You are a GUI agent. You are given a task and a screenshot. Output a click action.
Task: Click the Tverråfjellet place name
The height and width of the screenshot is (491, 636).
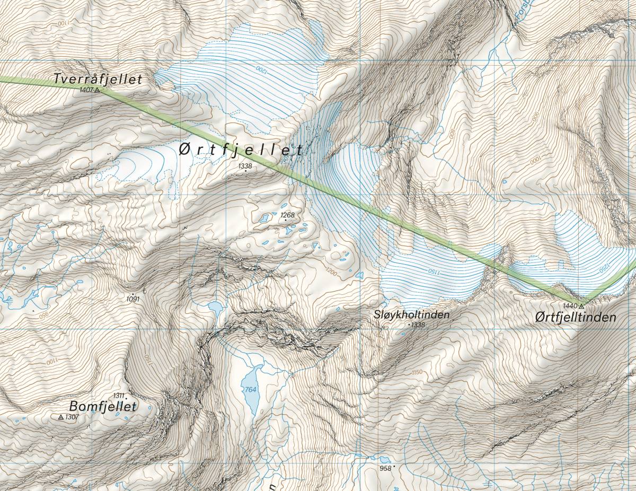[x=98, y=80]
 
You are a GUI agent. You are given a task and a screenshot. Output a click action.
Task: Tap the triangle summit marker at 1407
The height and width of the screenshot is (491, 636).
[x=97, y=91]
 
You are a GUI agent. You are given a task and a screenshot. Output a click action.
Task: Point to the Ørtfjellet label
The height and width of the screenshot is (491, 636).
[x=241, y=151]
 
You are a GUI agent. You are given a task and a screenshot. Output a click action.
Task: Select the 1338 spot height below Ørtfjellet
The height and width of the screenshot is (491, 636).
[x=245, y=166]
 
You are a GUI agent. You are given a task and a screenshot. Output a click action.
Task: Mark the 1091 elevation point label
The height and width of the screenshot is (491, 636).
[x=132, y=299]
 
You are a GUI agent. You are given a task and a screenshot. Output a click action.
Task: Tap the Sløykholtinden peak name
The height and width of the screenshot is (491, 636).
[x=411, y=314]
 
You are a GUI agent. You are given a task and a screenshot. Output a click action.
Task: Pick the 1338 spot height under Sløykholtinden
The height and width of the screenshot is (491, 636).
[x=418, y=325]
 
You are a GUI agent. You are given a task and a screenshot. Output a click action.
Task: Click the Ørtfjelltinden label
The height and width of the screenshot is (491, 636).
[x=575, y=318]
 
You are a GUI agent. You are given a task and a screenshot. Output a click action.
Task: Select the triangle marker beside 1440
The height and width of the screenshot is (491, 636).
[x=581, y=306]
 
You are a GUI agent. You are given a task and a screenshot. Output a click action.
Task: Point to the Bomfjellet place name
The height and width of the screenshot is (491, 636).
[x=103, y=407]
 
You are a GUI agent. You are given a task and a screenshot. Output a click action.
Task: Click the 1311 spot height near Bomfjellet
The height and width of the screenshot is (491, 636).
[x=119, y=396]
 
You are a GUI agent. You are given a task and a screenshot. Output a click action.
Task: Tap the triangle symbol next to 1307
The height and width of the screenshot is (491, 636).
[x=60, y=417]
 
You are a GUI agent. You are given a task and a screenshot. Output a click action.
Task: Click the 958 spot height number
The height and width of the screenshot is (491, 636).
[x=385, y=468]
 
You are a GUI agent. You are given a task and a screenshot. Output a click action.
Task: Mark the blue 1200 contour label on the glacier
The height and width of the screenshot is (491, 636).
[x=260, y=69]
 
